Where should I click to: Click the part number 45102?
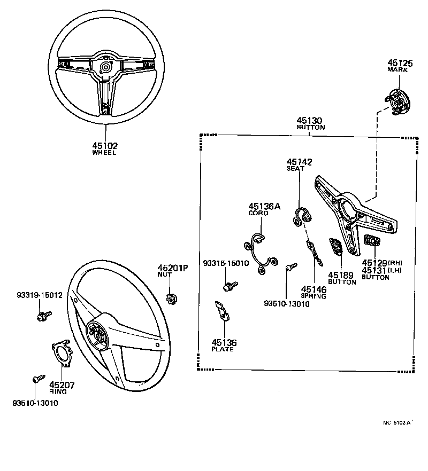click(x=104, y=145)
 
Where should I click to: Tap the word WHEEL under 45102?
click(x=104, y=153)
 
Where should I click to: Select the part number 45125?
click(x=400, y=62)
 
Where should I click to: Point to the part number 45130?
click(x=310, y=121)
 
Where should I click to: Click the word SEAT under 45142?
click(x=295, y=169)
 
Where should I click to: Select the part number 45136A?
click(x=264, y=206)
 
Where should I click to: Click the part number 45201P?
click(x=173, y=268)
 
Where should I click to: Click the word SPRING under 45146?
click(x=314, y=295)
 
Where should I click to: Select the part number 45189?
click(x=342, y=275)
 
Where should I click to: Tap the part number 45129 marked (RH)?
click(x=374, y=263)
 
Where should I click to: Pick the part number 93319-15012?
click(x=39, y=295)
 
